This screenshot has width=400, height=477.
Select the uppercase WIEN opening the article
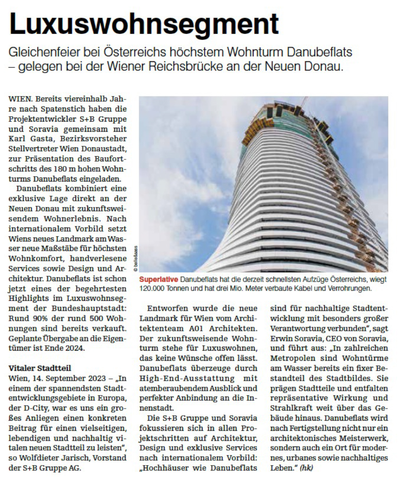point(20,100)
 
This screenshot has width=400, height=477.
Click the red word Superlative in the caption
point(159,280)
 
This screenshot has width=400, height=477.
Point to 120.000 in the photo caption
point(153,288)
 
